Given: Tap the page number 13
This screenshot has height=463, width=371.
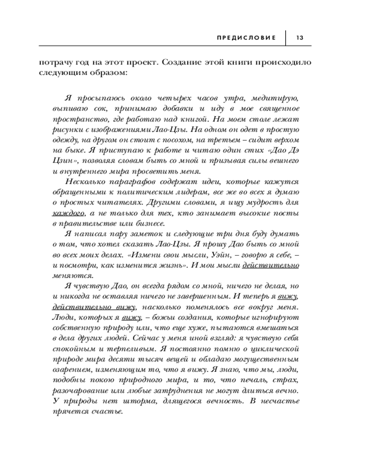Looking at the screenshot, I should [299, 37].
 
